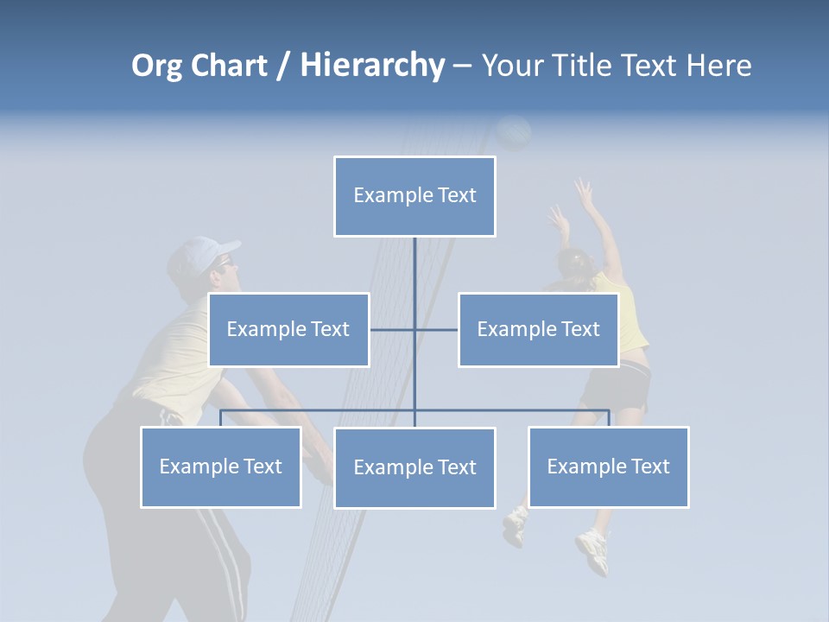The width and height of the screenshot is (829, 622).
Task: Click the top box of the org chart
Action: [414, 196]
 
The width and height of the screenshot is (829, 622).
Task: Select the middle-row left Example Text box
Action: [288, 329]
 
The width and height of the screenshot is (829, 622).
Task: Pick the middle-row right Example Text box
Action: [538, 329]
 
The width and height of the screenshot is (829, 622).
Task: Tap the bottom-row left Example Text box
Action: [220, 466]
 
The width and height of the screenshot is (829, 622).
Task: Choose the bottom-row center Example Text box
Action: [414, 467]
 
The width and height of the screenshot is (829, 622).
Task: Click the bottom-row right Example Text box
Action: [608, 466]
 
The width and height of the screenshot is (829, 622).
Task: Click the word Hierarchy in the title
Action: [372, 66]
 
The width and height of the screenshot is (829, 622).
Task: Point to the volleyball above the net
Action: [515, 132]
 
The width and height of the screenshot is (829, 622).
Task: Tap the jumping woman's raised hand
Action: [585, 193]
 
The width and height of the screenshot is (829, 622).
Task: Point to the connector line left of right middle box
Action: [436, 329]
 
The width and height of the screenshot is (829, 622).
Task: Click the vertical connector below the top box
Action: [414, 276]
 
